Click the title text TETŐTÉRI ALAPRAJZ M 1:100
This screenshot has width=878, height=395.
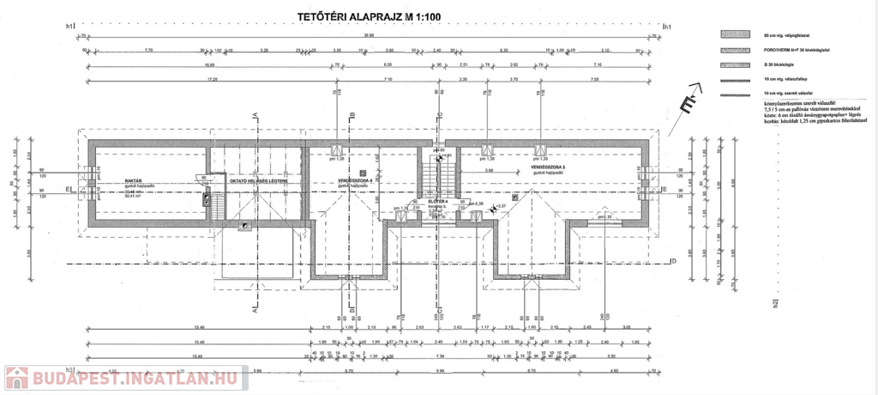click(368, 15)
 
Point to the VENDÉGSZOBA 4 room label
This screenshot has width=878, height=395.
click(355, 181)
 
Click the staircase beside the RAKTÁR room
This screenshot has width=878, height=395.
click(217, 206)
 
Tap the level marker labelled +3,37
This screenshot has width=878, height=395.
click(502, 206)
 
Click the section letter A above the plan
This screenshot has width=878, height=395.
click(255, 114)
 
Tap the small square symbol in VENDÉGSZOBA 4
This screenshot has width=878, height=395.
click(363, 172)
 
